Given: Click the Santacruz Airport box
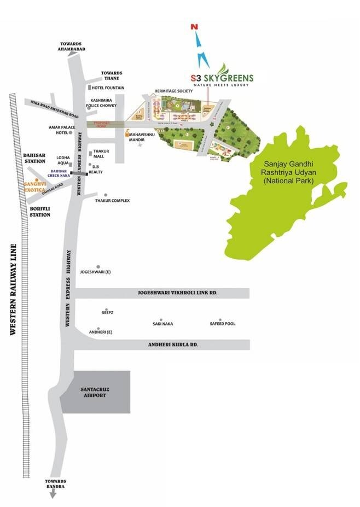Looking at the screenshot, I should click(x=94, y=392).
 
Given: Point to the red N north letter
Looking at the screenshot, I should click(x=193, y=26).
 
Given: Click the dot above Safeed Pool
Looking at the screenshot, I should click(x=220, y=319).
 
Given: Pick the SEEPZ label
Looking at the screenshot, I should click(x=107, y=313).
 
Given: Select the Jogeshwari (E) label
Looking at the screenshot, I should click(x=96, y=271).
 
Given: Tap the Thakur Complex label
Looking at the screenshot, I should click(x=112, y=201).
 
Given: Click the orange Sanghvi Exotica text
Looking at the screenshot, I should click(x=37, y=187).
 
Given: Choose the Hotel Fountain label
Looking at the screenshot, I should click(x=108, y=88).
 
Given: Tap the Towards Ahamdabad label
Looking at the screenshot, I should click(x=73, y=46).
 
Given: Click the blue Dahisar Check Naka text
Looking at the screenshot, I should click(x=60, y=173).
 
